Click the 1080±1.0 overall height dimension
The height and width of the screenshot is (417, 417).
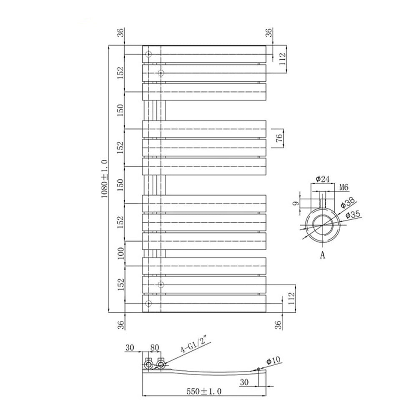click(104, 178)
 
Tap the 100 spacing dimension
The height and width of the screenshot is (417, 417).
click(121, 253)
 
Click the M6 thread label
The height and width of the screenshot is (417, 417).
click(344, 188)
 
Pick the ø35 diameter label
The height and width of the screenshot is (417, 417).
click(353, 214)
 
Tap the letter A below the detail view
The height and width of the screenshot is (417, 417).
click(322, 256)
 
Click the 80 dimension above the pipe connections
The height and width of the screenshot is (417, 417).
click(155, 347)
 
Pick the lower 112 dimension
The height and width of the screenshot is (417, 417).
click(291, 298)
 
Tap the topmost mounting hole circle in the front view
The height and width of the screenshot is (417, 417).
click(148, 54)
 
